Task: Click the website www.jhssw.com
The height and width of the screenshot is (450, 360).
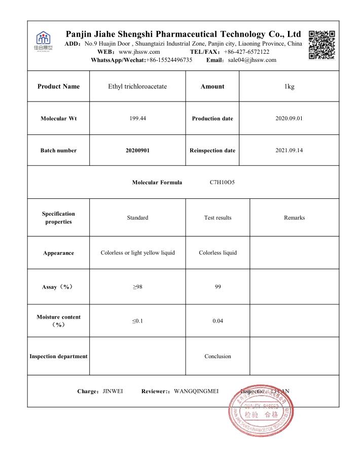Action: click(x=139, y=52)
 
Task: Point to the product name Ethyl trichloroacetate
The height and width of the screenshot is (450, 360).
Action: click(x=137, y=87)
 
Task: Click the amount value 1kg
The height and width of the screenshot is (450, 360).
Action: click(x=290, y=87)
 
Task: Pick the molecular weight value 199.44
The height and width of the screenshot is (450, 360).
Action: click(x=137, y=119)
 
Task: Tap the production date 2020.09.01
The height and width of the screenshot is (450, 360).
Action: click(x=290, y=119)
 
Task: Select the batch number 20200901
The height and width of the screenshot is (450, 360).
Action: click(x=137, y=151)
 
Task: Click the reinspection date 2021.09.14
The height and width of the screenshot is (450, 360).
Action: click(x=290, y=151)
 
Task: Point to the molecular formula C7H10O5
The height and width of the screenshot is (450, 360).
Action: click(x=222, y=182)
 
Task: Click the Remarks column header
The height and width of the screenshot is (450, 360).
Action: click(x=295, y=218)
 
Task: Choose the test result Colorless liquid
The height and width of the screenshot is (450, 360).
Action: click(x=218, y=253)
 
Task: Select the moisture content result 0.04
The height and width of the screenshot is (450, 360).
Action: click(x=218, y=321)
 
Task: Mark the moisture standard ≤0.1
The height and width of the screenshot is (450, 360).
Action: click(x=137, y=321)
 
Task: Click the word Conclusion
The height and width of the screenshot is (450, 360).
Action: click(x=218, y=357)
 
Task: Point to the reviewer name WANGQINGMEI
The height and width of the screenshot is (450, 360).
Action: click(x=196, y=391)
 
